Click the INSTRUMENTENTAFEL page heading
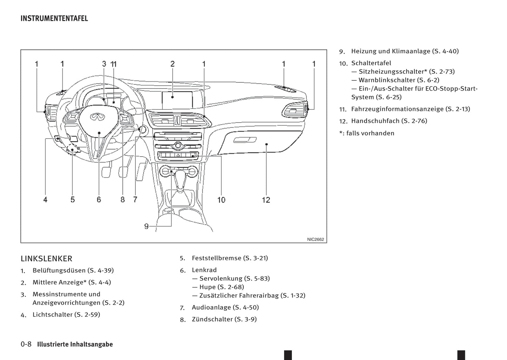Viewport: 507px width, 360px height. coord(54,18)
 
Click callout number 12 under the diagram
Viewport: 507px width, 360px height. coord(266,200)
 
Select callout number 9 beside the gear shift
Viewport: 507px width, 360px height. coord(146,226)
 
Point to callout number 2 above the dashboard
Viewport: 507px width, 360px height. coord(173,64)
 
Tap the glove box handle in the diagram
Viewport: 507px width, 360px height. coord(245,140)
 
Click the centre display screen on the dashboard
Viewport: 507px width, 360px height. coord(177,100)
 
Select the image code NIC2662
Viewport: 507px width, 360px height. coord(315,240)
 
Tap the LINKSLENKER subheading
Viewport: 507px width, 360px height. coord(46,259)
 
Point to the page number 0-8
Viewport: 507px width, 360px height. coord(26,344)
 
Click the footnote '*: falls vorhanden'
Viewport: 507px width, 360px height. coord(367,133)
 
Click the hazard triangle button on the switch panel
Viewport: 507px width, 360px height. coord(178,155)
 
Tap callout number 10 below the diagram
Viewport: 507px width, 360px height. coord(221,200)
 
